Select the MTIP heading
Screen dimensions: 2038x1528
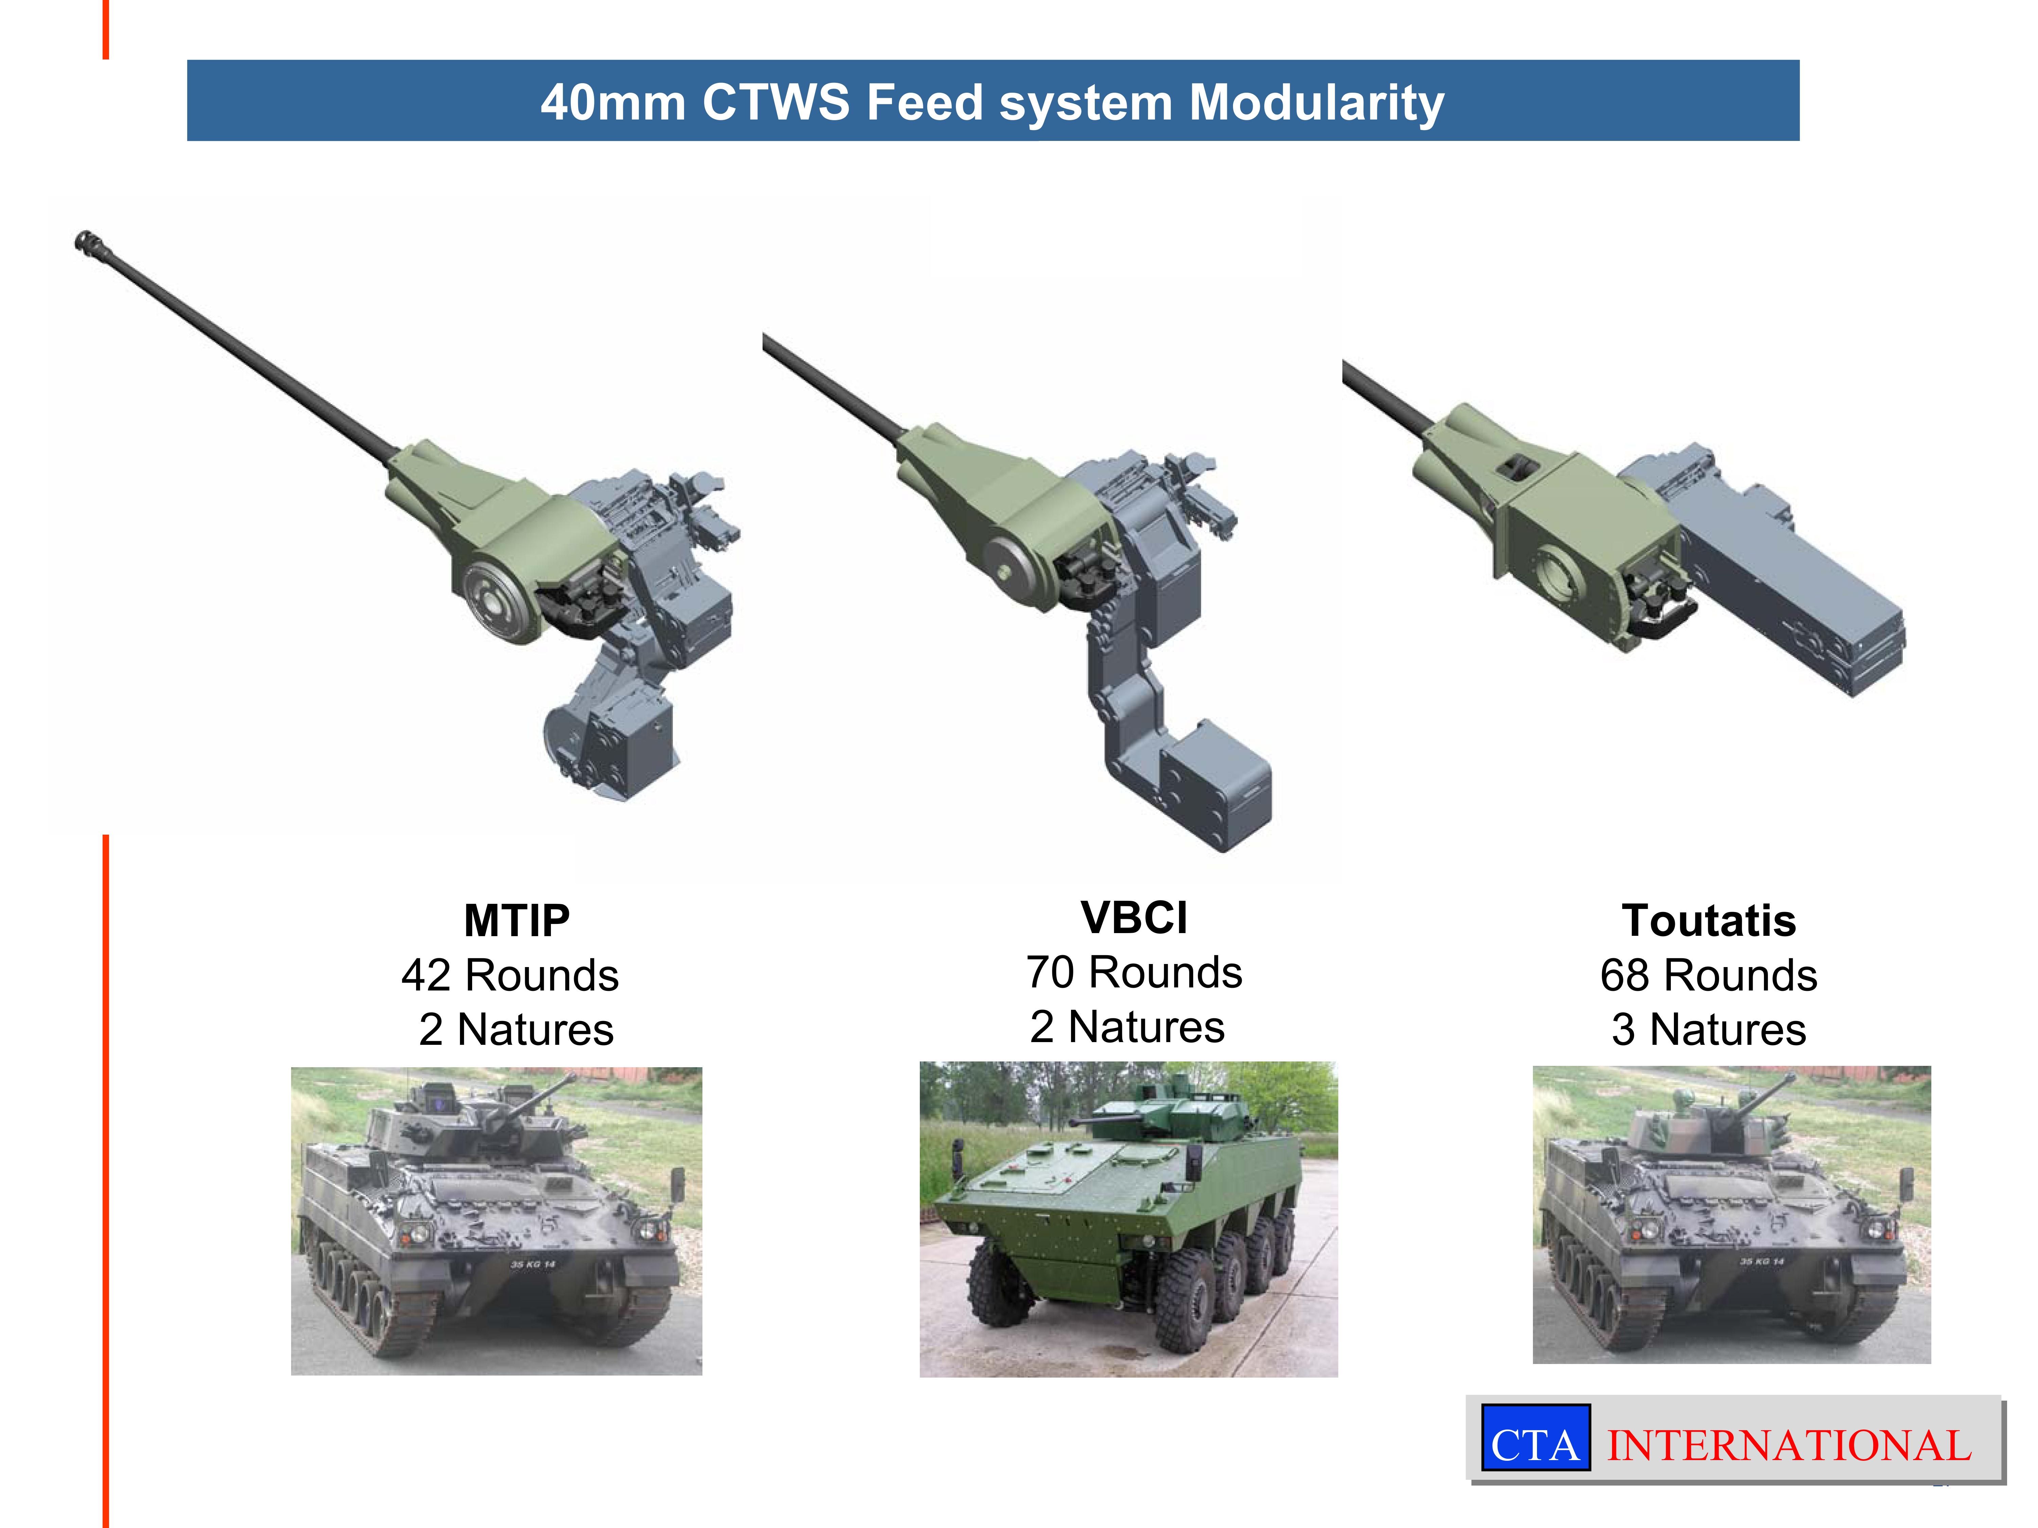point(517,920)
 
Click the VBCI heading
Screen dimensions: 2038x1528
point(1134,917)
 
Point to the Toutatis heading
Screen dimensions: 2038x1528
point(1709,920)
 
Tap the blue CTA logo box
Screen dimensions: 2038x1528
point(1535,1437)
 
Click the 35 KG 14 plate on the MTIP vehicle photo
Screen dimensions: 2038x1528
point(533,1264)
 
